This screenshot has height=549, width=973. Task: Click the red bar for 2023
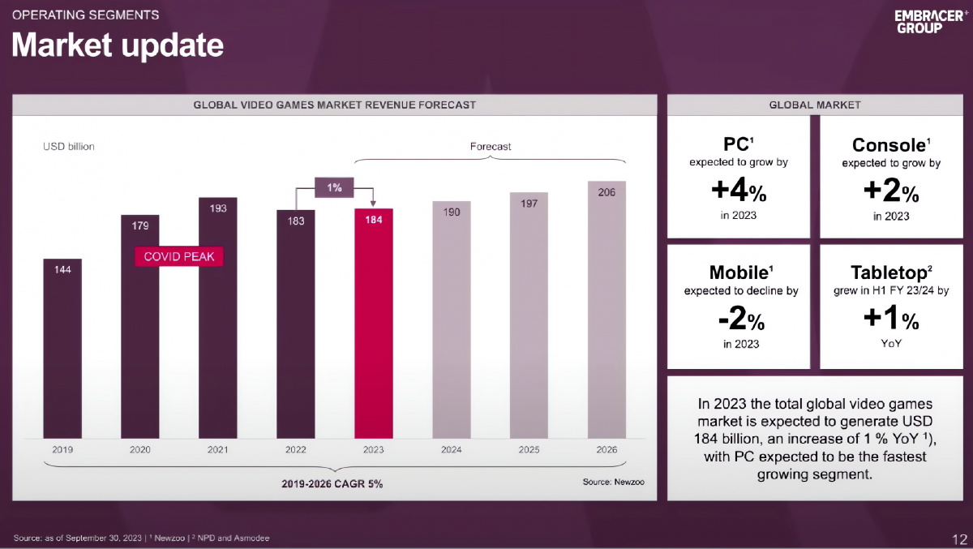click(x=374, y=324)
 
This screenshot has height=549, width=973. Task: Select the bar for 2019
click(x=62, y=349)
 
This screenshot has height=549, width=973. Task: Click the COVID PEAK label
click(x=178, y=256)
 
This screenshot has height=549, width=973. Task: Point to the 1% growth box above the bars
click(x=334, y=187)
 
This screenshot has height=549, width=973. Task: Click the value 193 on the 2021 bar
click(x=218, y=208)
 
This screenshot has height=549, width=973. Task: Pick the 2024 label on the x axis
click(x=452, y=449)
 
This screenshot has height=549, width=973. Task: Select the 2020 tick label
click(x=140, y=449)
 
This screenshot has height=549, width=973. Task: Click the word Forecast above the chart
click(x=491, y=147)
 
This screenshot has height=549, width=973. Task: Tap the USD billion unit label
click(x=69, y=147)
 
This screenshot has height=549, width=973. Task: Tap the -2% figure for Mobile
click(x=738, y=320)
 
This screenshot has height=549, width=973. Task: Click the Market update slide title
click(x=118, y=45)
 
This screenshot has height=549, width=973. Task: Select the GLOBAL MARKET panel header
click(x=815, y=105)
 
